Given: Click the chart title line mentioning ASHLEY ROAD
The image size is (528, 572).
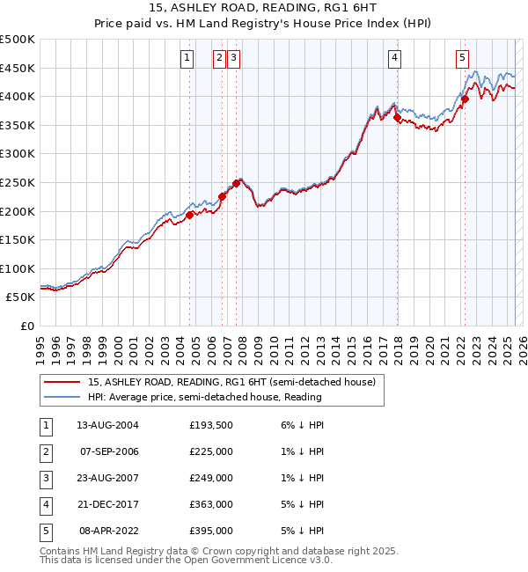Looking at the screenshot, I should pyautogui.click(x=263, y=9).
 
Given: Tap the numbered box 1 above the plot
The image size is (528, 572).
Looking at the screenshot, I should pyautogui.click(x=187, y=59).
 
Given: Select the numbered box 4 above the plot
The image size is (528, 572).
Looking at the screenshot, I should pyautogui.click(x=395, y=59).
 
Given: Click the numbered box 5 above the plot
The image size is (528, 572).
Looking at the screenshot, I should pyautogui.click(x=462, y=59).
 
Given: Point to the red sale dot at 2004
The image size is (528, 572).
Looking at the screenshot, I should pyautogui.click(x=189, y=214).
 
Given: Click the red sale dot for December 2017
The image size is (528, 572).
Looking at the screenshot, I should pyautogui.click(x=397, y=117).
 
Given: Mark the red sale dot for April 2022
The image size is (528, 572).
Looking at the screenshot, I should pyautogui.click(x=465, y=99).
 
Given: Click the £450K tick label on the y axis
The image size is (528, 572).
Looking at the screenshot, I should pyautogui.click(x=18, y=68).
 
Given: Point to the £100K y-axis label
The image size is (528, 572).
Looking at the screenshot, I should pyautogui.click(x=18, y=268).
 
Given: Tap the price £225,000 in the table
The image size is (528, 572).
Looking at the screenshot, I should pyautogui.click(x=211, y=451).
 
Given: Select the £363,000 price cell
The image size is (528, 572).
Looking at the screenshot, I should pyautogui.click(x=211, y=504).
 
